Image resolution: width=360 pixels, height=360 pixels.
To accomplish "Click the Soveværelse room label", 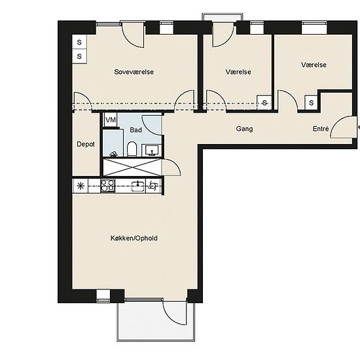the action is pyautogui.click(x=134, y=72).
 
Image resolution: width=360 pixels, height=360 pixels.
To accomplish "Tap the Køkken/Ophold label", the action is pyautogui.click(x=134, y=238).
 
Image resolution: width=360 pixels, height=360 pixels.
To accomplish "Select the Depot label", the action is pyautogui.click(x=86, y=144).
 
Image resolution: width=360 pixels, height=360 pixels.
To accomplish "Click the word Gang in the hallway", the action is pyautogui.click(x=244, y=129).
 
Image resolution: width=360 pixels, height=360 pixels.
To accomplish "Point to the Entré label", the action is pyautogui.click(x=321, y=128).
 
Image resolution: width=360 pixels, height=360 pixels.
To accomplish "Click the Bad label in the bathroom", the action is pyautogui.click(x=135, y=130).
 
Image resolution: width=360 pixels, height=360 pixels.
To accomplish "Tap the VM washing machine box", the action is pyautogui.click(x=111, y=120).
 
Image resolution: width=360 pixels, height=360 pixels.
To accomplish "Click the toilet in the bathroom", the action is pyautogui.click(x=132, y=149).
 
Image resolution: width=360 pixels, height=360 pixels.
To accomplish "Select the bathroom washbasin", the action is pyautogui.click(x=152, y=150).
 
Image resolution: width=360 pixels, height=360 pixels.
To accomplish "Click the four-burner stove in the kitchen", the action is pyautogui.click(x=108, y=186).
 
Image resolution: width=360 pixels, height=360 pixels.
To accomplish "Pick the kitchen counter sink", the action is pyautogui.click(x=139, y=186).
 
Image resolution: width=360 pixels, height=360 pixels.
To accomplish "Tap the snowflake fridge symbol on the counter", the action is pyautogui.click(x=81, y=186).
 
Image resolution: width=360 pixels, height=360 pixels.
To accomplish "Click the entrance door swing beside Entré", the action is pyautogui.click(x=342, y=127).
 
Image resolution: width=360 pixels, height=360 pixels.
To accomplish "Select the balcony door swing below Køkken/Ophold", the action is pyautogui.click(x=175, y=313).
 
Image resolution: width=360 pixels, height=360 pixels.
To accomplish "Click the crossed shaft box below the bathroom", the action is pyautogui.click(x=132, y=167).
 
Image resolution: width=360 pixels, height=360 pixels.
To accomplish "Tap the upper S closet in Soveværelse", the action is pyautogui.click(x=79, y=42).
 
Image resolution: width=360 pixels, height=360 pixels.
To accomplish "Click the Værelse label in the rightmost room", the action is pyautogui.click(x=314, y=65).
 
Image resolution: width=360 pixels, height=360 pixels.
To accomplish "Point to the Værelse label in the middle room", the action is pyautogui.click(x=238, y=72).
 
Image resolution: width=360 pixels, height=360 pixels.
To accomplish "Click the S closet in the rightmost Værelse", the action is pyautogui.click(x=312, y=102).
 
